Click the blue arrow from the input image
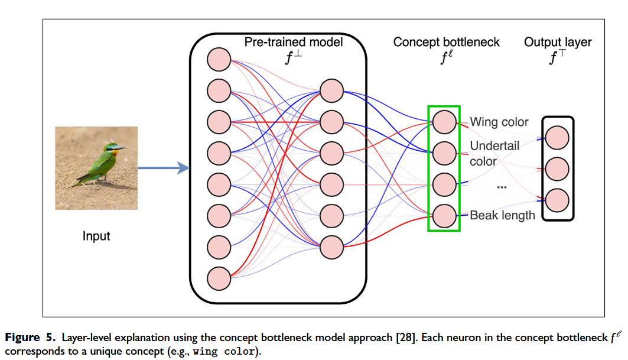[163, 168]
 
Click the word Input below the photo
[96, 236]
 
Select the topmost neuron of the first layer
[219, 60]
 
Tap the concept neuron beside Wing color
[444, 122]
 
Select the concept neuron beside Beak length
[444, 215]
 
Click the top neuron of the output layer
[557, 138]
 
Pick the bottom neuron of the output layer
[557, 200]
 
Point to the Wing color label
[499, 122]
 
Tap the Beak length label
[502, 216]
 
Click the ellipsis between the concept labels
[502, 187]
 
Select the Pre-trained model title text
[294, 43]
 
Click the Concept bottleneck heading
[447, 43]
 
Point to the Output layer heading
[558, 43]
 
